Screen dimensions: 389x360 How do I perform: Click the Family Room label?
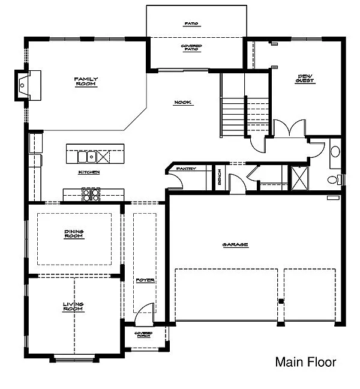pyautogui.click(x=86, y=81)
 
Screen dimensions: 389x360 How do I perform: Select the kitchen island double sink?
pyautogui.click(x=88, y=157)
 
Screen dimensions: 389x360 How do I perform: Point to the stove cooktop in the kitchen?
pyautogui.click(x=91, y=193)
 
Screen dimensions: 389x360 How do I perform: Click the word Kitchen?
pyautogui.click(x=88, y=172)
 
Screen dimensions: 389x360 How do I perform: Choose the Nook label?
pyautogui.click(x=182, y=103)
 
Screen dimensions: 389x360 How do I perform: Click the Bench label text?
pyautogui.click(x=220, y=176)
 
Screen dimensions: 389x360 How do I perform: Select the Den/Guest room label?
pyautogui.click(x=306, y=78)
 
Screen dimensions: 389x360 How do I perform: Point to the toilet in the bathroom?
pyautogui.click(x=332, y=179)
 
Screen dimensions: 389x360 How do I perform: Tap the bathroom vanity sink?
pyautogui.click(x=335, y=151)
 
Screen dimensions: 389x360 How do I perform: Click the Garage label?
pyautogui.click(x=235, y=244)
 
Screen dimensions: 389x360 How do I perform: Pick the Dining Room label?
pyautogui.click(x=74, y=234)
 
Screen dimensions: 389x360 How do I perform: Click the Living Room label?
pyautogui.click(x=73, y=307)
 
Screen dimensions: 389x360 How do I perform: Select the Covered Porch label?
pyautogui.click(x=143, y=334)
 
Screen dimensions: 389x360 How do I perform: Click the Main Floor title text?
pyautogui.click(x=305, y=362)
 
